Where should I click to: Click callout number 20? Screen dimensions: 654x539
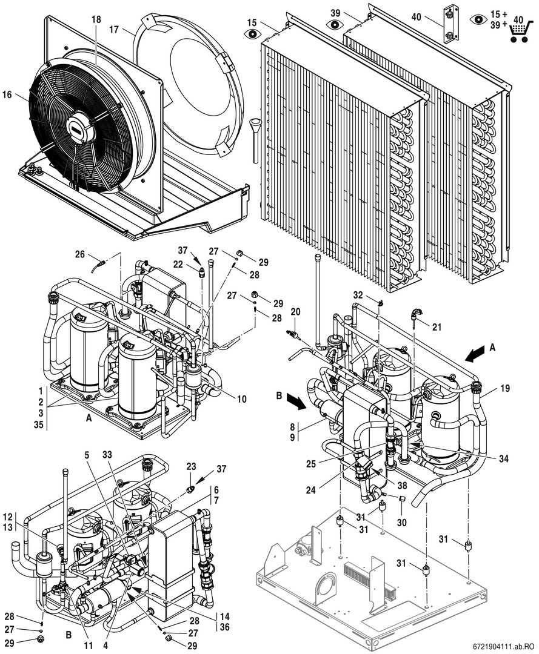pos(295,311)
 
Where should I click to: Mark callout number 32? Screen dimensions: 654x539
pos(358,295)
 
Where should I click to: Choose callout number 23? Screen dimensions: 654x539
pos(192,467)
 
